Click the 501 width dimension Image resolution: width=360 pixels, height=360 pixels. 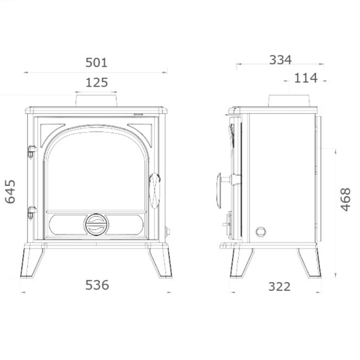tap(97, 63)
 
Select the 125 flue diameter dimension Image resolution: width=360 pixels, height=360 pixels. tap(97, 83)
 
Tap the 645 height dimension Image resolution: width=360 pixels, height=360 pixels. tap(10, 192)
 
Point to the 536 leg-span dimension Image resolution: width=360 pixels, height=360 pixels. tap(97, 285)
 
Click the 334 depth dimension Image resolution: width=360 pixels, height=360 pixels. tap(280, 60)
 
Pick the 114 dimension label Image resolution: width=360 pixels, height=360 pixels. tap(306, 78)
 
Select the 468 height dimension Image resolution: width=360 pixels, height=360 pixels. tap(345, 199)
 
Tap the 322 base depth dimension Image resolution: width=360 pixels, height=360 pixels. tap(279, 287)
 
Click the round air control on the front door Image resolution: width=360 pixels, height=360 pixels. tap(97, 225)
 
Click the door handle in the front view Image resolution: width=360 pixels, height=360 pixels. tap(155, 191)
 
